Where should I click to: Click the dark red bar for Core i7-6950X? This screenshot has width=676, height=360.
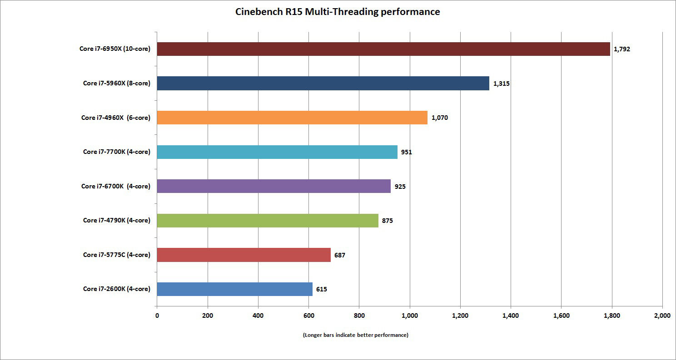coord(383,49)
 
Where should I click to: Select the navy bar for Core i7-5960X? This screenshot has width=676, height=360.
coord(323,84)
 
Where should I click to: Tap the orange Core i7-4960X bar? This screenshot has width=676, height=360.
coord(292,118)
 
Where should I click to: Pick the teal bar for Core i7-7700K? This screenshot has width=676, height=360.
coord(277,152)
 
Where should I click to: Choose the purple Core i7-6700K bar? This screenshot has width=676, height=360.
coord(273,186)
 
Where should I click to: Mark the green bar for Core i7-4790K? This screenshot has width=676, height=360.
coord(268,221)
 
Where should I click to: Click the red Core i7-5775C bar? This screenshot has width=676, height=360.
coord(244,255)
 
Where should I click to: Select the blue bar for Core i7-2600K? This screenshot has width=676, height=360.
coord(234,289)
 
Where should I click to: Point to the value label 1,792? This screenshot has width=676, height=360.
coord(622,49)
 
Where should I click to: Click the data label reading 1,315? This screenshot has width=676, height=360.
coord(501,84)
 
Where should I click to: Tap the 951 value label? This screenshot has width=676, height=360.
coord(407,152)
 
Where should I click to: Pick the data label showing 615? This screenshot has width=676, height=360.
coord(322,289)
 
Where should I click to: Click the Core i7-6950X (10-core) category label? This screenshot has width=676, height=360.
coord(115,49)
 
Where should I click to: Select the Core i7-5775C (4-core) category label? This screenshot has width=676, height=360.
coord(116,255)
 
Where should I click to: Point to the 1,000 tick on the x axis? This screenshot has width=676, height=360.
coord(410,315)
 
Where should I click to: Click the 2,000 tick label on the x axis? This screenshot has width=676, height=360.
coord(662,315)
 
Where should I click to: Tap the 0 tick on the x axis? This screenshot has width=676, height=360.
coord(157,315)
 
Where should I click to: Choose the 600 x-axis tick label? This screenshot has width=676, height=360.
coord(308,315)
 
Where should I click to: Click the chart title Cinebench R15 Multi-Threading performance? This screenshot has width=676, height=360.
coord(338,12)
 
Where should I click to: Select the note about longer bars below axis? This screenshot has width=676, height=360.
coord(355,335)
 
